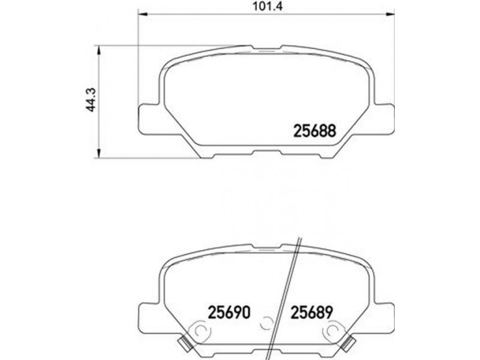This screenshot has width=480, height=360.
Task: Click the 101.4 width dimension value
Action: point(266,6)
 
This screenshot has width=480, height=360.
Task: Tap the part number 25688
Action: point(314,131)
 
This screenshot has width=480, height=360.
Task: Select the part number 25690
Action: point(229,312)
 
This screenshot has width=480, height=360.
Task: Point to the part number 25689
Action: point(311,312)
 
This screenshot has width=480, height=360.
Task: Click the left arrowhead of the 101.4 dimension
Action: point(143,14)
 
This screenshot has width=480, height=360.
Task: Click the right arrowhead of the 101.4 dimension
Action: point(390,14)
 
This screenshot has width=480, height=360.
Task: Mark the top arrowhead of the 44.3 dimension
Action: point(98,50)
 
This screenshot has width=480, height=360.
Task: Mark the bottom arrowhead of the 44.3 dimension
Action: point(98,154)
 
